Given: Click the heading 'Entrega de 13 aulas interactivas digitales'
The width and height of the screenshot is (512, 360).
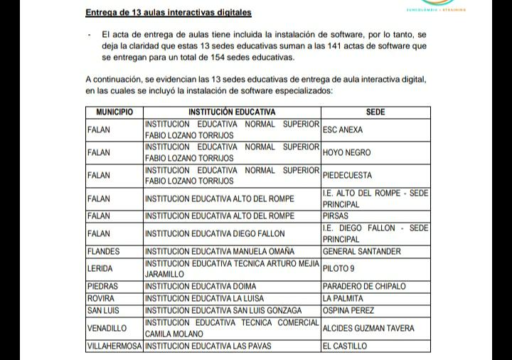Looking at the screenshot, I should coord(168,13).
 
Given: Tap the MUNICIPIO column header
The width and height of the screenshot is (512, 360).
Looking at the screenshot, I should coord(114,112).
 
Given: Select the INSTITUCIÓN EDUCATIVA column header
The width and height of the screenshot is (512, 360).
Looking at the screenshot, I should coord(232,112).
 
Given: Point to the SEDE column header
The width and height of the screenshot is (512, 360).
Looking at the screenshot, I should coord(375,112).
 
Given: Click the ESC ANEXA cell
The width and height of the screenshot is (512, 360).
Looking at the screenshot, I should coord(342,130).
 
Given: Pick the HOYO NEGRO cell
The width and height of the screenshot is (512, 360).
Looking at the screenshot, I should coord(346,152).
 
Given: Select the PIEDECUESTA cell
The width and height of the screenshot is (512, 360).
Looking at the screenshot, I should coord(347,175).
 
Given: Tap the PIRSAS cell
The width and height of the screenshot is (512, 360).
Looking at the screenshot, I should coord(336,216).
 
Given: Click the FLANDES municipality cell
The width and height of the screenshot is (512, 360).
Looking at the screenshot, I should coord(103,251).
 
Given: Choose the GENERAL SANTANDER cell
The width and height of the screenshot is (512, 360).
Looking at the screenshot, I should coord(361,251).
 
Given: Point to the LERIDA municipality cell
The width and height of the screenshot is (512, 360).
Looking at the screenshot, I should coord(100,268).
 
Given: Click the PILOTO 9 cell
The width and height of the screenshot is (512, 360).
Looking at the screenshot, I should coord(338,268).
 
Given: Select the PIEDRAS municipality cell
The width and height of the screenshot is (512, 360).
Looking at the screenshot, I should coord(102,286).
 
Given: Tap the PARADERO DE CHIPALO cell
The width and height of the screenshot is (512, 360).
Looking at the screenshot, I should coord(364,286).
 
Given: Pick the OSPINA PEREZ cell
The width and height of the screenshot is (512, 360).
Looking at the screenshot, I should coord(348,310).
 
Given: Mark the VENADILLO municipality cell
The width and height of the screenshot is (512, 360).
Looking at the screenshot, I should coord(107,329).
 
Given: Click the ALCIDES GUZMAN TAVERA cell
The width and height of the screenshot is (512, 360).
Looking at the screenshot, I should coord(368,329).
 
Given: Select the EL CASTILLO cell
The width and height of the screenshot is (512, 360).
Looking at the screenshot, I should coord(345,346).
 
